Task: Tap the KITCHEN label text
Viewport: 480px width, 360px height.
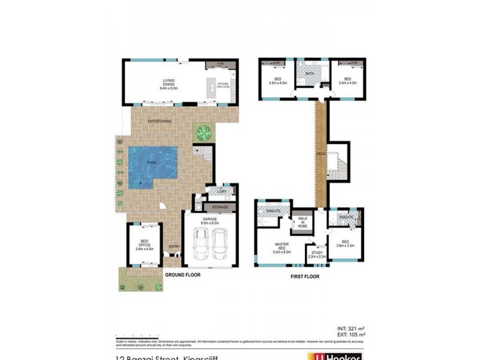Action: click(223, 85)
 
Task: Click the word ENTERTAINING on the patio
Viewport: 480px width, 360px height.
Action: click(160, 121)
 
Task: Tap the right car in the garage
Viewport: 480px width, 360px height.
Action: click(220, 243)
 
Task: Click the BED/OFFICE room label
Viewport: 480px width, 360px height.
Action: click(143, 243)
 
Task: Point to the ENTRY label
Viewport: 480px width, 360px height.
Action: click(174, 247)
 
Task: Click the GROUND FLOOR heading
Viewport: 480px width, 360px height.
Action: click(183, 274)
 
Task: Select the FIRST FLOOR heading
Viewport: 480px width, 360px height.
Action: click(304, 277)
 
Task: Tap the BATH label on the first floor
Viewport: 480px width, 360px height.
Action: click(310, 74)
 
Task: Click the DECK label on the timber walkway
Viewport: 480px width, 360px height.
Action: click(321, 154)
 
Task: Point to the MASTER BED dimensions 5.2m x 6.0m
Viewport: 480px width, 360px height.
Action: click(283, 252)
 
